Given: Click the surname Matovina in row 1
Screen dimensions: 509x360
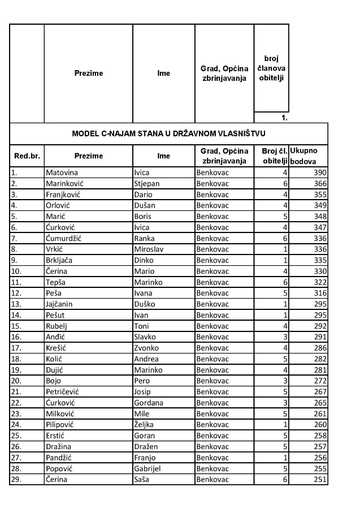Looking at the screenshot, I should tap(62, 172).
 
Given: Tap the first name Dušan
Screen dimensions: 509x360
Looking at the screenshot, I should tap(145, 205).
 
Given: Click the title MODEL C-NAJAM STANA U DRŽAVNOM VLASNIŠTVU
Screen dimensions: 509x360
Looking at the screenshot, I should tap(169, 133).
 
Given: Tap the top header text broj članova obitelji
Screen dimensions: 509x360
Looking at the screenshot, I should tap(271, 67).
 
